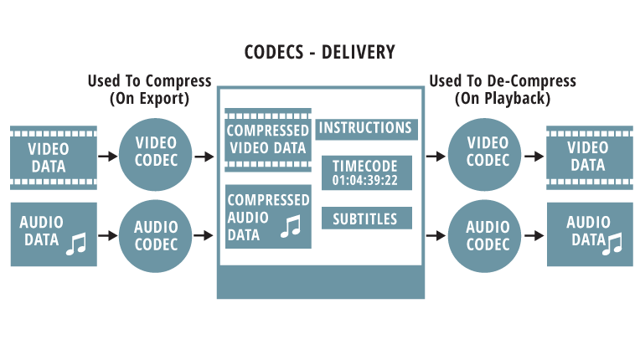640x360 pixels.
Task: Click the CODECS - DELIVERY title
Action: point(319,53)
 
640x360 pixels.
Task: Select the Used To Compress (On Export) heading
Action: point(150,89)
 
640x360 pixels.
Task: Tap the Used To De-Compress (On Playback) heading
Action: point(502,89)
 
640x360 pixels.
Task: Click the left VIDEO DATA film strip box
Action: point(53,157)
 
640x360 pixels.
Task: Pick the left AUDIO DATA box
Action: point(53,234)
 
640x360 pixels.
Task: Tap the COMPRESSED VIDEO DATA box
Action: point(268,139)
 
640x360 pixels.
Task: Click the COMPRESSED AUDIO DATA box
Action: point(268,218)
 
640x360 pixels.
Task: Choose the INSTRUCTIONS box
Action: point(366,128)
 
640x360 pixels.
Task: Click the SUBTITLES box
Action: point(366,219)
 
